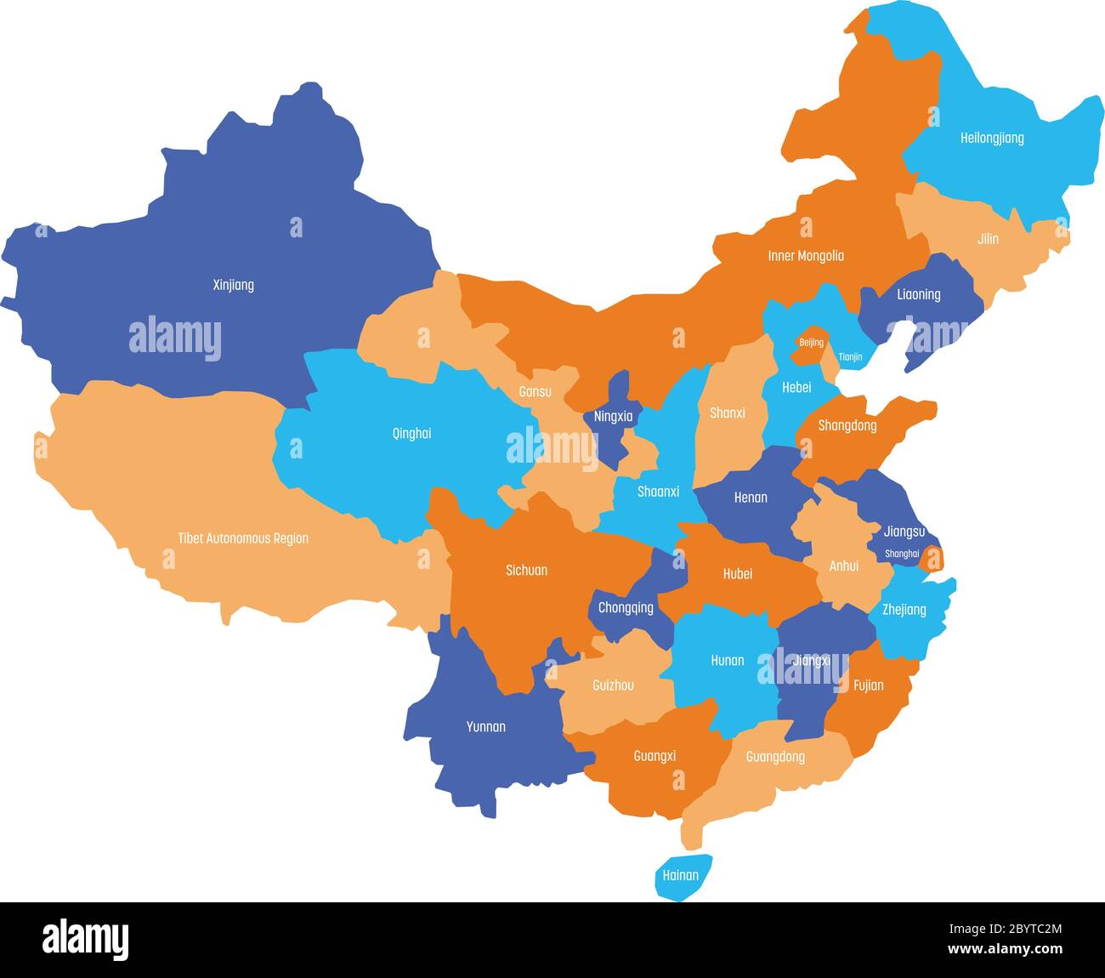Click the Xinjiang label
point(233,285)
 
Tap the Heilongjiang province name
point(992,138)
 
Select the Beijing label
point(811,343)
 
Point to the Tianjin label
point(850,357)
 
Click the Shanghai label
point(902,554)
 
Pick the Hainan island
point(681,876)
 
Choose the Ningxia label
point(613,417)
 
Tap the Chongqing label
point(626,607)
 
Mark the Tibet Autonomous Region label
point(243,538)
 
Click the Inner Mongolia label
point(806,256)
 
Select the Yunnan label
point(486,726)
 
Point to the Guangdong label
point(775,756)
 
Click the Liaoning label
point(919,294)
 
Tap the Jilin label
point(988,239)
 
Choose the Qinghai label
point(411,434)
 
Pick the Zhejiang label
point(904,610)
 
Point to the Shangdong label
point(847,425)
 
